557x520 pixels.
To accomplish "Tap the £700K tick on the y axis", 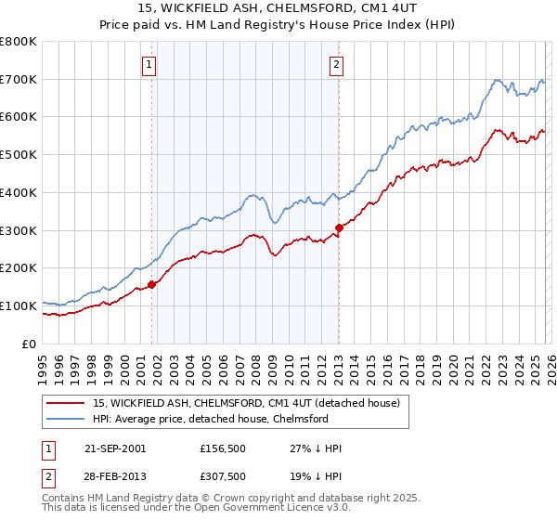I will point(19,79).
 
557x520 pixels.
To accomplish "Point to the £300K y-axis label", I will point(19,229).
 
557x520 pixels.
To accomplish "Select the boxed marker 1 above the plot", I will point(149,64).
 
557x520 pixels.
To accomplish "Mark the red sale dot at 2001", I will point(152,284).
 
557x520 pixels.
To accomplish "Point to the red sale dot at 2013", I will point(339,227).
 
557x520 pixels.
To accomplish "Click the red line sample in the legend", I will point(66,403).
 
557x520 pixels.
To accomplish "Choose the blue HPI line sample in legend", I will point(66,419).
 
